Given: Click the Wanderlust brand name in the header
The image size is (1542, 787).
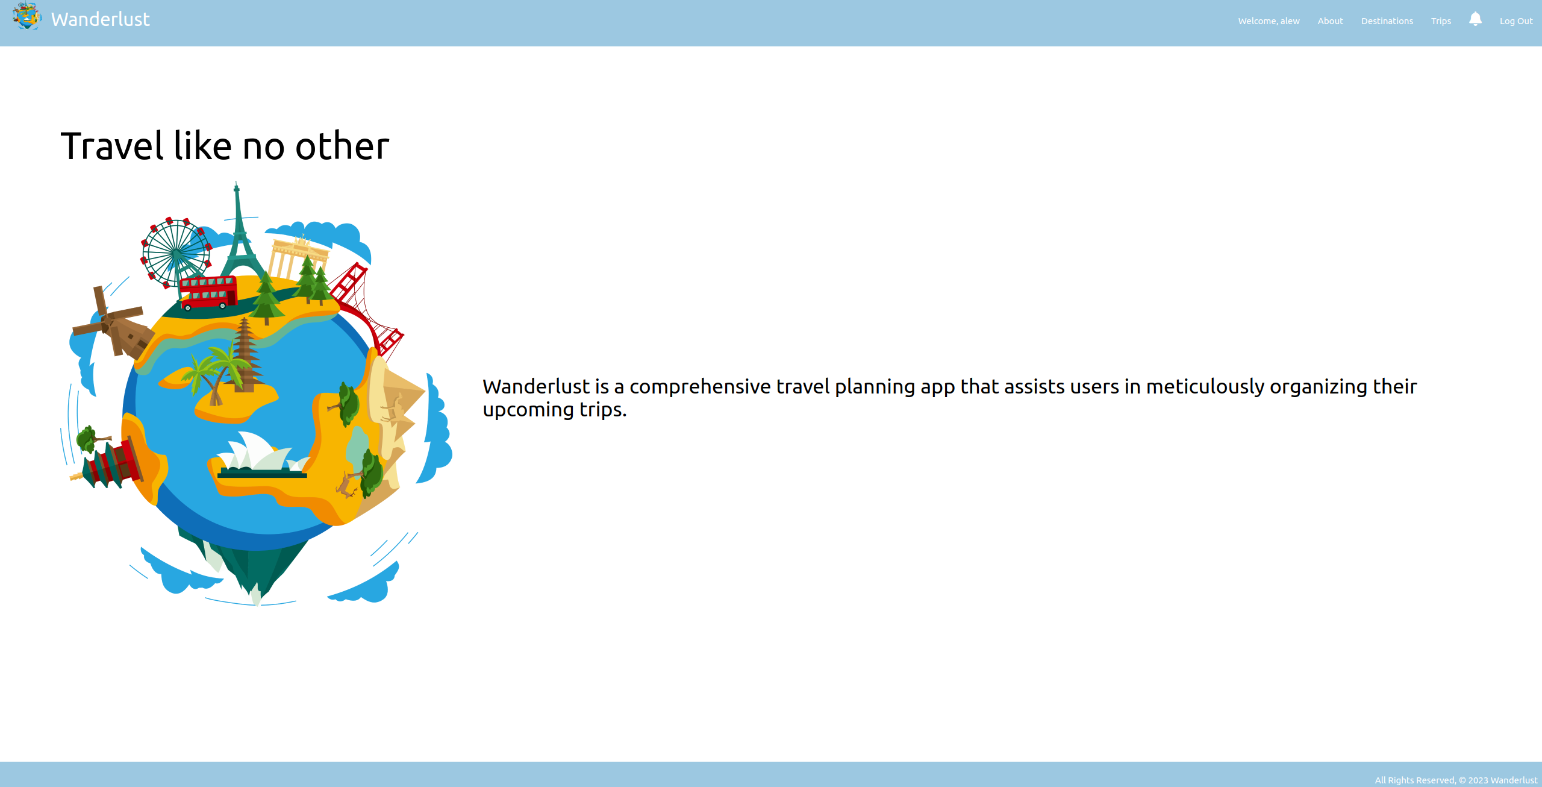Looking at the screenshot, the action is [x=101, y=19].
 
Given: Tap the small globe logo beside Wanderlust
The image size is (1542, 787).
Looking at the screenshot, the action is [x=27, y=16].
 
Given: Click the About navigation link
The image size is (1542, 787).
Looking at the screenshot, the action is [x=1330, y=21].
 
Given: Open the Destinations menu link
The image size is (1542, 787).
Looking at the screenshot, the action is [x=1387, y=21].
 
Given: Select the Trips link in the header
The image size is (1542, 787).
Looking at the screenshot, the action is [x=1441, y=21].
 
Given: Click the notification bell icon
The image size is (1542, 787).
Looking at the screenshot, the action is [x=1475, y=19].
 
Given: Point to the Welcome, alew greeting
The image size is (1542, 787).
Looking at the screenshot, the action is [x=1269, y=21].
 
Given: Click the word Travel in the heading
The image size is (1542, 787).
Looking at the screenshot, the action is [x=112, y=146].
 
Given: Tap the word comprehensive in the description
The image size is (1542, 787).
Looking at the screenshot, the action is [x=700, y=387].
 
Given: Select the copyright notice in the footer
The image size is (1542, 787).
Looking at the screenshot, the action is [x=1456, y=780].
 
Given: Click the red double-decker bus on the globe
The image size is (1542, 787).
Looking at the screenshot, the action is [x=208, y=293].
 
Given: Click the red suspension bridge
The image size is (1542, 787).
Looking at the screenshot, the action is [x=367, y=308].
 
